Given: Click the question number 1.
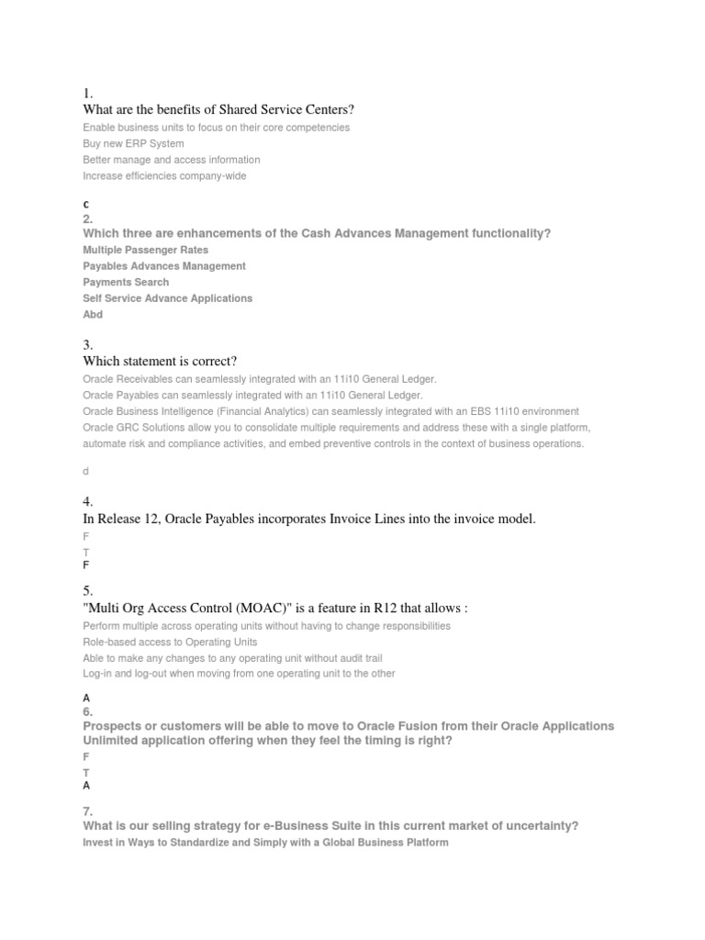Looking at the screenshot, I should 87,93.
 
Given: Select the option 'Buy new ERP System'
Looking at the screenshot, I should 133,143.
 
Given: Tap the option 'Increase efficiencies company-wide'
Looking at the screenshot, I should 164,175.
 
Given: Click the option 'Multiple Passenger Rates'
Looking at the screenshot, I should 145,250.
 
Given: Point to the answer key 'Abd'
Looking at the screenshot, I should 93,314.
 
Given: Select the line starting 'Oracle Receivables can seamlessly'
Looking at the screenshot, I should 260,378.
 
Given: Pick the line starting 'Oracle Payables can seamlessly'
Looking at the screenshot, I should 252,395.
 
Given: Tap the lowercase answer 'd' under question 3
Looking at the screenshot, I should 86,471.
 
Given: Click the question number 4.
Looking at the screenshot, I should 87,501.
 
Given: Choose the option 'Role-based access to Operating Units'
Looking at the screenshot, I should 170,642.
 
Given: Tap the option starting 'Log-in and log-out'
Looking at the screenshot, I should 239,673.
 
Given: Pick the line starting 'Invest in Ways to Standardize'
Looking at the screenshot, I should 265,842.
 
